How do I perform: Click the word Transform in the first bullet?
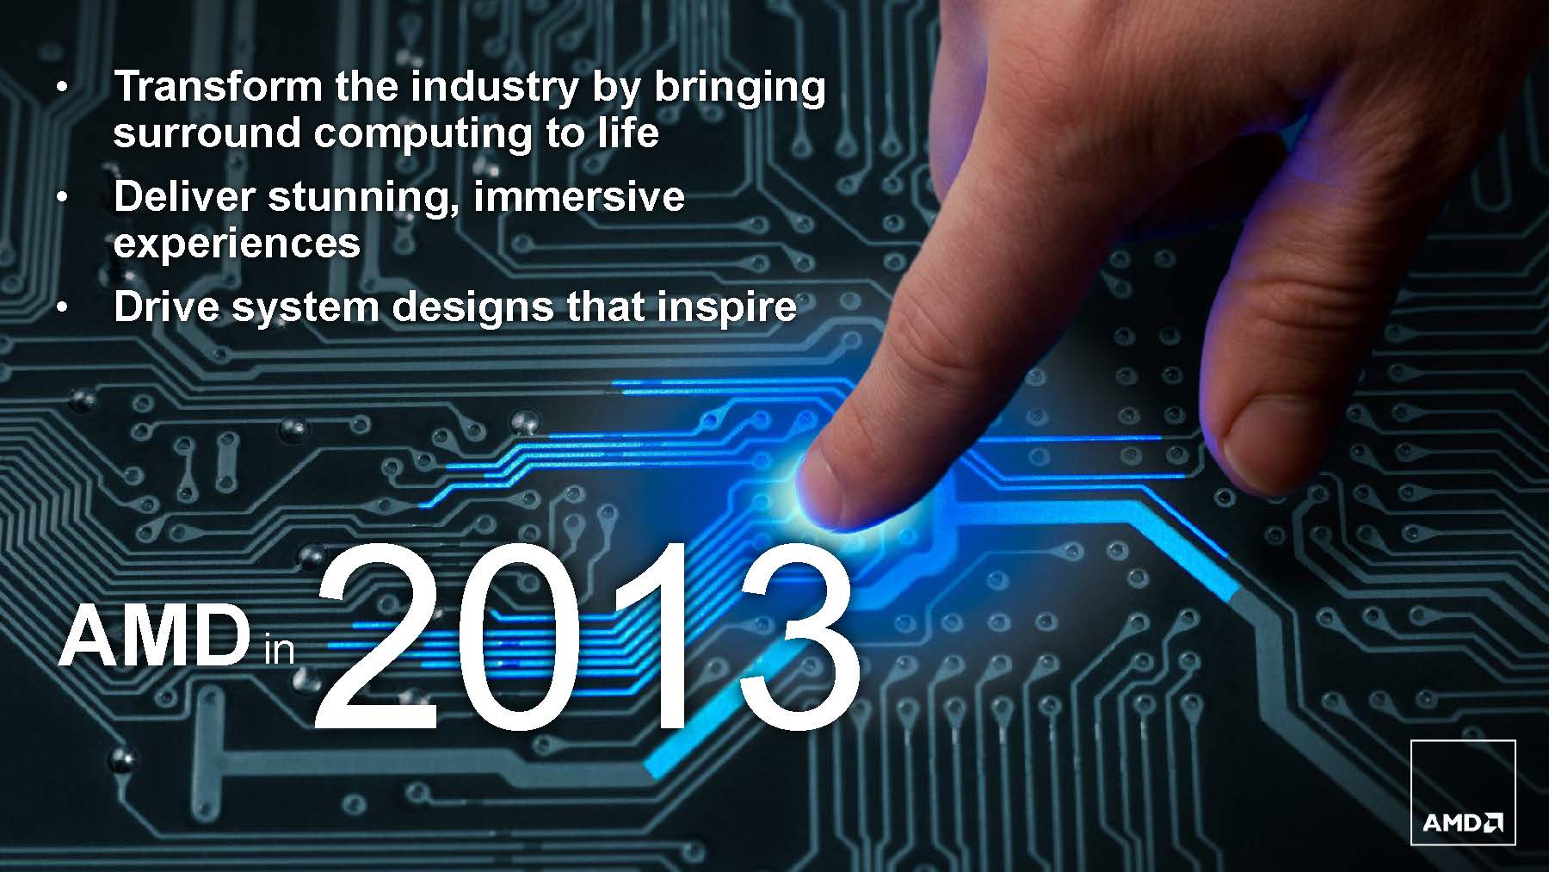coord(219,86)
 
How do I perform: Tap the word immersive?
coord(578,196)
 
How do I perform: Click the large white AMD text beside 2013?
coord(153,636)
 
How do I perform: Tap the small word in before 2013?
coord(279,648)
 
